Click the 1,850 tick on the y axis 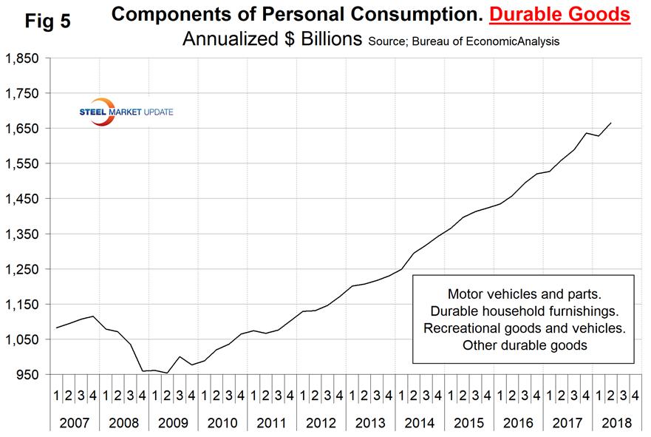click(x=24, y=58)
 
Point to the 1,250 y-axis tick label click(x=24, y=269)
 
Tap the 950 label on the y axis click(x=30, y=375)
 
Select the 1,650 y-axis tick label click(x=24, y=128)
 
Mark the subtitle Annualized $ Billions click(x=271, y=40)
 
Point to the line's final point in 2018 click(x=610, y=123)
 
